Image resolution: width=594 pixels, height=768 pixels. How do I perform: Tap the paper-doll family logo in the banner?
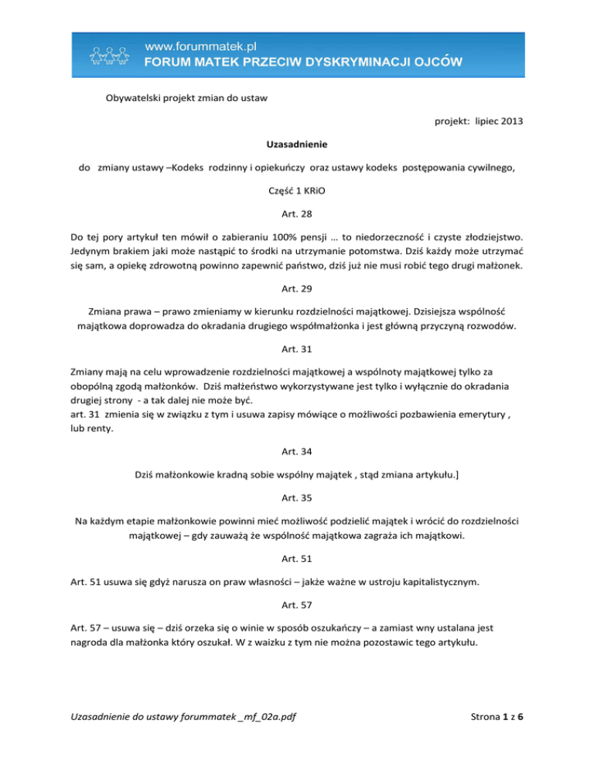tap(116, 56)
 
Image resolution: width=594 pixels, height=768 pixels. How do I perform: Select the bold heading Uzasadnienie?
tap(296, 144)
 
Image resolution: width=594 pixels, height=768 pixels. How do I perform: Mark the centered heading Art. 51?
tap(296, 560)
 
